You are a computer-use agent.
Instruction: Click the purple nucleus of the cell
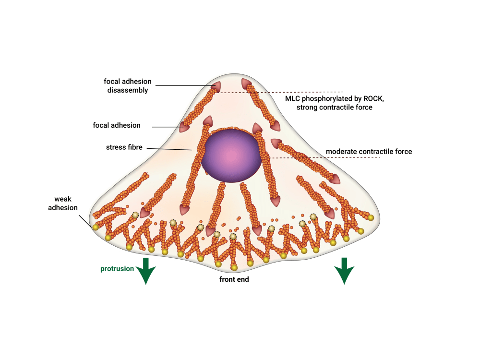[x=231, y=156]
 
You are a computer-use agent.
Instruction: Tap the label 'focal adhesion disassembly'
[x=127, y=86]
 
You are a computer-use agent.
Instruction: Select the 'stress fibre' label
[x=124, y=147]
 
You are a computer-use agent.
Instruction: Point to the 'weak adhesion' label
[x=63, y=203]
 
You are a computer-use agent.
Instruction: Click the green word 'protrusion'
[x=117, y=269]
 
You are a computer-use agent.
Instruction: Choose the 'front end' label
[x=234, y=279]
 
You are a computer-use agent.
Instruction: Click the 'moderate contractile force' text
[x=369, y=152]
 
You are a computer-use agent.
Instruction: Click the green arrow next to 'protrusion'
[x=146, y=271]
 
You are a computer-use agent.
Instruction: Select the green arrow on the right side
[x=344, y=271]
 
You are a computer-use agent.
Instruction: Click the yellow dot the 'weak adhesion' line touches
[x=96, y=227]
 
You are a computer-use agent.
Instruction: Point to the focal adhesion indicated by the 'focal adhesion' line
[x=184, y=127]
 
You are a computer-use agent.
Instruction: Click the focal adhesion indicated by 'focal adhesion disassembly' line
[x=216, y=86]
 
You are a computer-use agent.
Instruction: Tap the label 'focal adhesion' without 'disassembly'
[x=117, y=125]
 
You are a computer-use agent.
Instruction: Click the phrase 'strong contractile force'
[x=334, y=108]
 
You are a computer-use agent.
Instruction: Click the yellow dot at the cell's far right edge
[x=371, y=217]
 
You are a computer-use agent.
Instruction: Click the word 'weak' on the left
[x=63, y=199]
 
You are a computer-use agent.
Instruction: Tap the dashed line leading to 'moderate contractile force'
[x=323, y=157]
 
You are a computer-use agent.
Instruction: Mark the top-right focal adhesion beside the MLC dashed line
[x=246, y=84]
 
